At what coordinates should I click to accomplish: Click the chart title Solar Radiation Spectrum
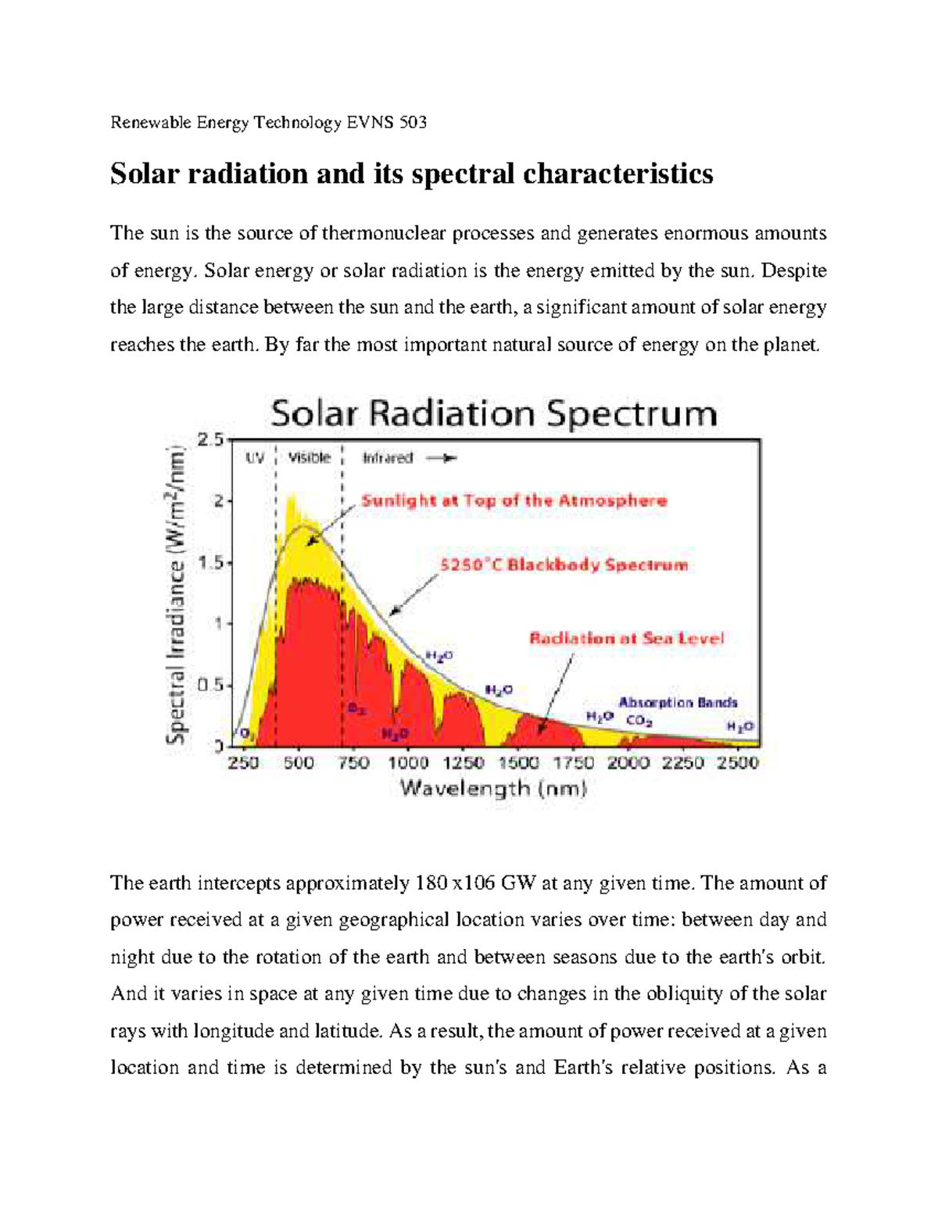pos(493,414)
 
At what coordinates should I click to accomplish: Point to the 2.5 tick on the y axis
pos(209,440)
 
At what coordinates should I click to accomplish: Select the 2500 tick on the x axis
pos(737,763)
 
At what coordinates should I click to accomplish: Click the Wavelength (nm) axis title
pos(493,788)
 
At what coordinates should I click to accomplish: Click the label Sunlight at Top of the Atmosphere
pos(514,501)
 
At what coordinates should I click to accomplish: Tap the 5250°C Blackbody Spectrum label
pos(564,564)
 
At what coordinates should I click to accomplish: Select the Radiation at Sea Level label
pos(627,638)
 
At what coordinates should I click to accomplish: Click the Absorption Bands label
pos(678,702)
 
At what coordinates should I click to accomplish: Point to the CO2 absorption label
pos(639,721)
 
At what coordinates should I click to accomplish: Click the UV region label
pos(255,458)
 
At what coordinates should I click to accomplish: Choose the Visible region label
pos(309,458)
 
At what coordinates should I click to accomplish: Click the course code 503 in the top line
pos(413,123)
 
